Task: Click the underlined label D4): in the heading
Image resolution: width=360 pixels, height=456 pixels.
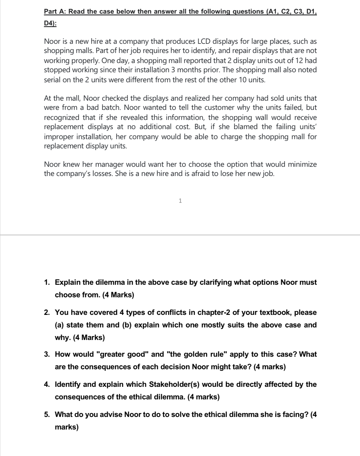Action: (x=50, y=24)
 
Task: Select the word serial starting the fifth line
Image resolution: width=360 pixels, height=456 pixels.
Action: (x=52, y=80)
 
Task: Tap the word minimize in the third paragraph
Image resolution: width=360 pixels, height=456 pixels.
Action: (x=302, y=164)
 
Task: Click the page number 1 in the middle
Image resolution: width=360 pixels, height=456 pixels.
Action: (x=180, y=201)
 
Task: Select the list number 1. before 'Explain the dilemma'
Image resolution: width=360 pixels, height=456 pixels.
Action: (x=47, y=282)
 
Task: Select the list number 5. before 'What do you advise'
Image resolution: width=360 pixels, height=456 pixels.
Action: (x=47, y=414)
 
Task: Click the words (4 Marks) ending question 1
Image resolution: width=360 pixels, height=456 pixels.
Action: (x=118, y=295)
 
